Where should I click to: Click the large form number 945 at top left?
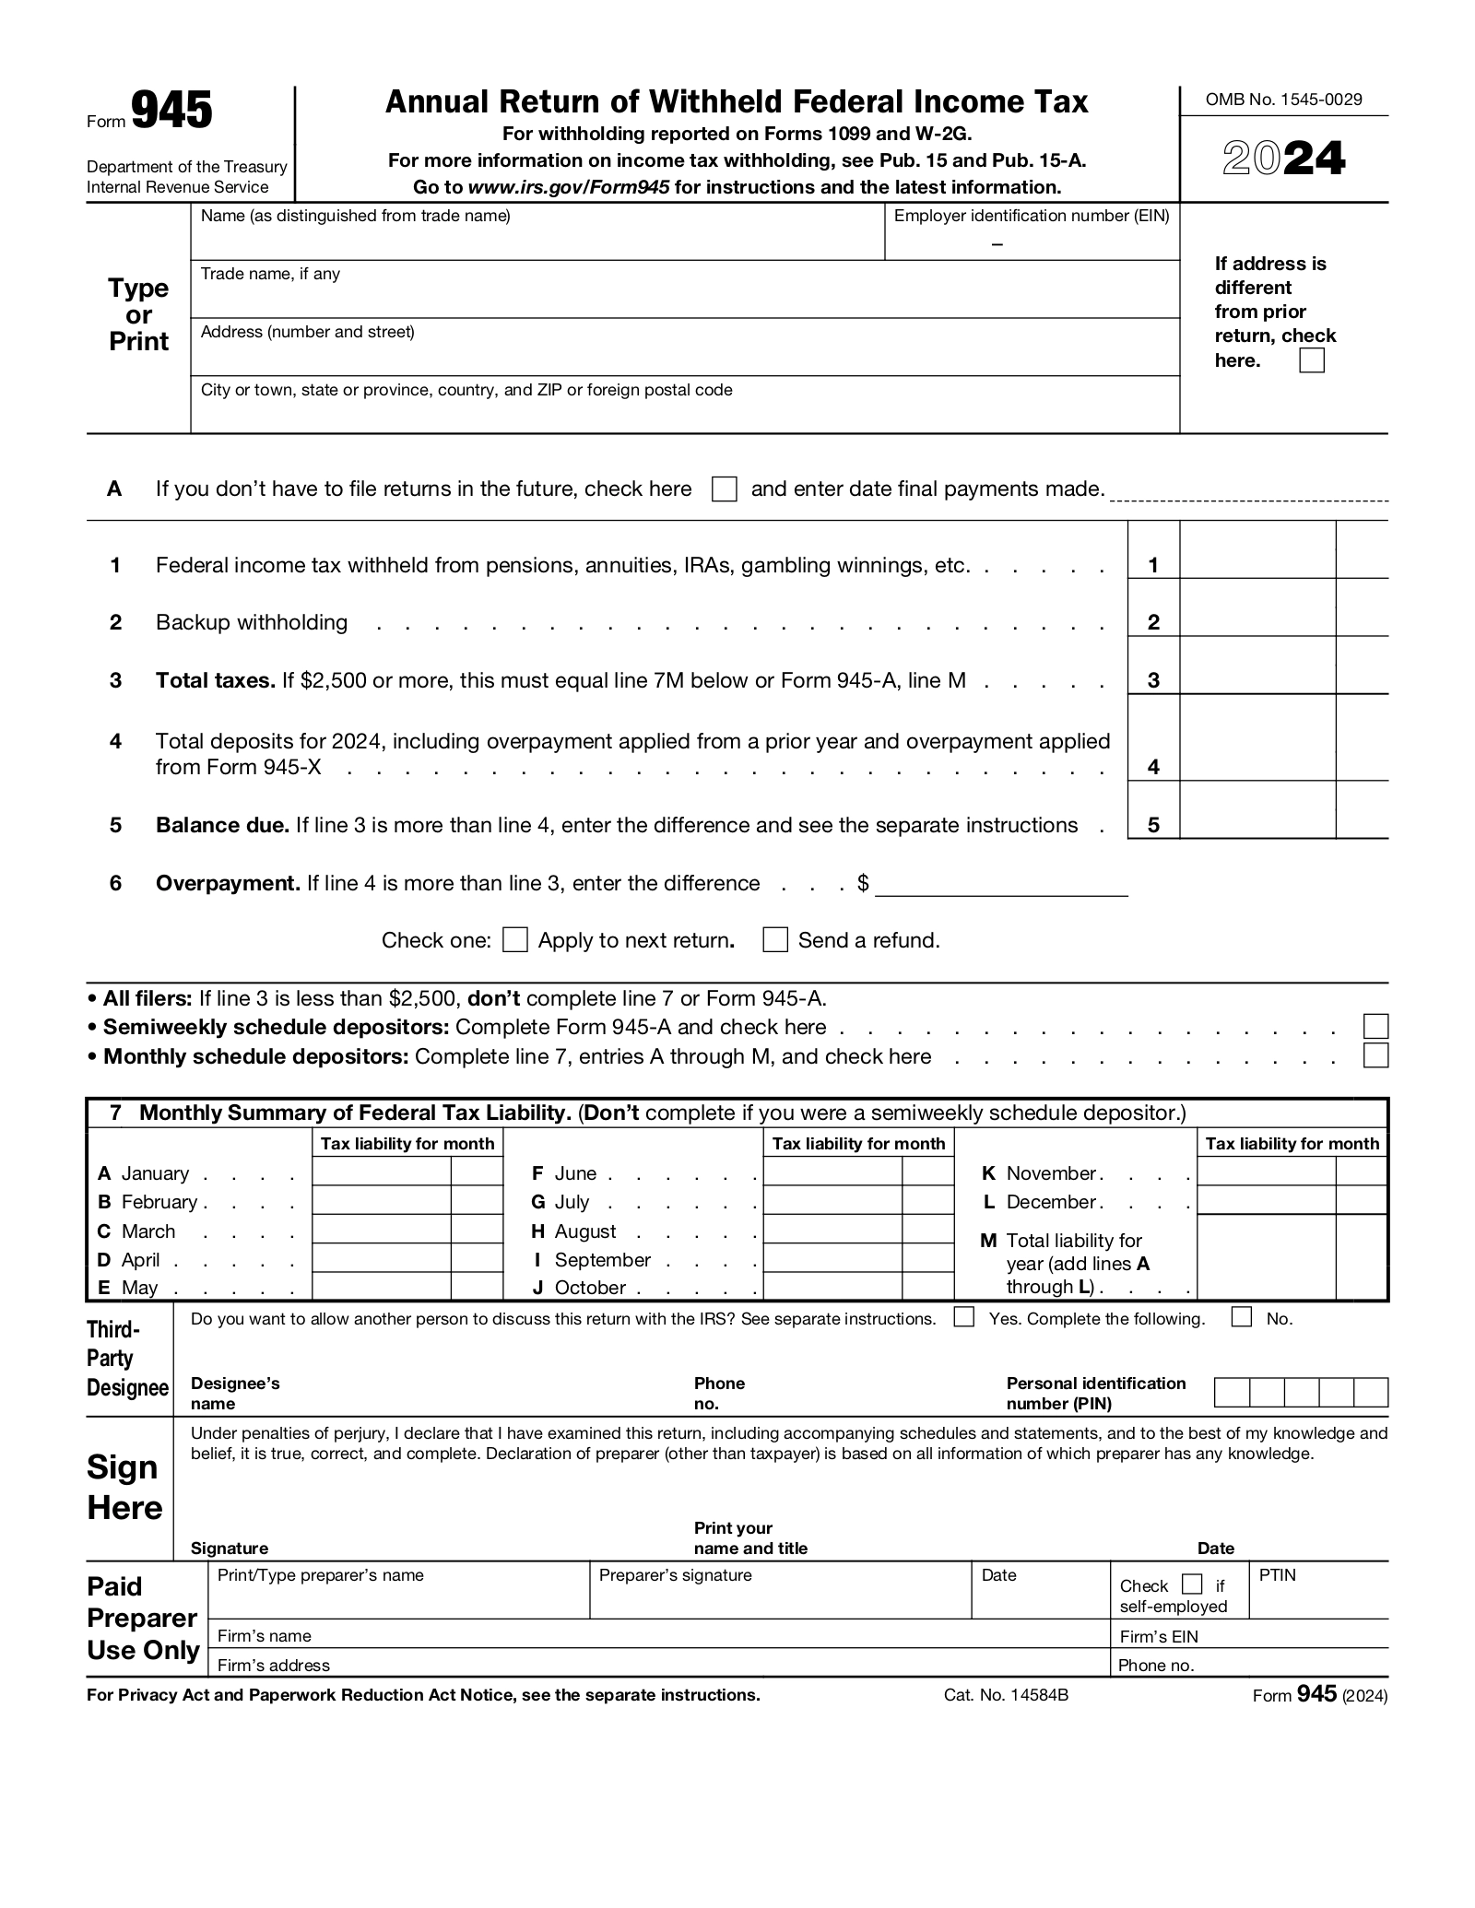(x=171, y=112)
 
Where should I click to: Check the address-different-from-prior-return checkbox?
(x=1311, y=360)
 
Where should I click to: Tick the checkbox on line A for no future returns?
(x=725, y=489)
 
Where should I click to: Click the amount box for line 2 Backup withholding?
(x=1257, y=609)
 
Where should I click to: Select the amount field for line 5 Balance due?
(x=1257, y=811)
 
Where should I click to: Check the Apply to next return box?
(x=515, y=940)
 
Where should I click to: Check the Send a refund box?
(x=775, y=940)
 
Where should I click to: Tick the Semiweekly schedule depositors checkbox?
(x=1375, y=1027)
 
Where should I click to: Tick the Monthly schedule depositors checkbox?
(x=1375, y=1055)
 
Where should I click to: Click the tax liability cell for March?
(x=382, y=1231)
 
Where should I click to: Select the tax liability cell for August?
(x=832, y=1231)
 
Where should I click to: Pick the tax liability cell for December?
(x=1266, y=1201)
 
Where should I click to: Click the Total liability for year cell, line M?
(x=1266, y=1258)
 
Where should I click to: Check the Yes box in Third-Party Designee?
(x=964, y=1317)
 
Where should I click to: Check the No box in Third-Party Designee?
(x=1242, y=1317)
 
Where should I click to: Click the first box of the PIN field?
(x=1232, y=1393)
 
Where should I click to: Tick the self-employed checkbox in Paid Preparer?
(x=1192, y=1584)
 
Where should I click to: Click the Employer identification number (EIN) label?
(x=1032, y=217)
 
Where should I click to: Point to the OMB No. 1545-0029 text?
(x=1283, y=100)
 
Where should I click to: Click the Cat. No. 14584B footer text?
(x=1006, y=1695)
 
